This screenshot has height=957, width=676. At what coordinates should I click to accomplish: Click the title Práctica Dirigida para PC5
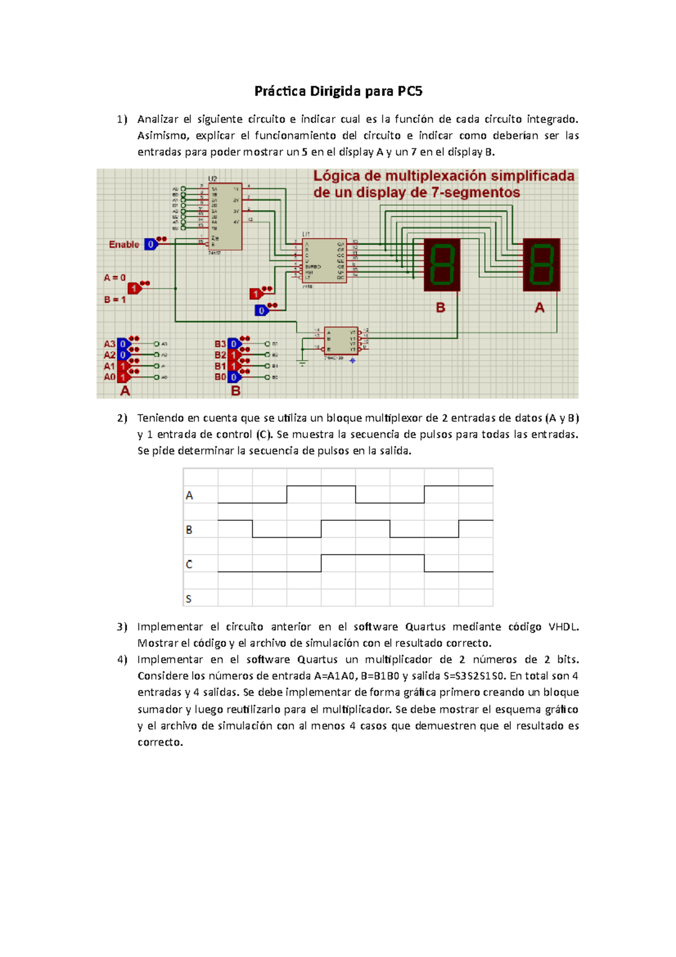tap(338, 91)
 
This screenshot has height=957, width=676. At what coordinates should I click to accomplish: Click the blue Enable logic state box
tap(150, 245)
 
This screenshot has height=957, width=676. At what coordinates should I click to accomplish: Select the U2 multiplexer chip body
tap(225, 216)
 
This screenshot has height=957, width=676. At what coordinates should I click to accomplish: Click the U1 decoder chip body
tap(324, 261)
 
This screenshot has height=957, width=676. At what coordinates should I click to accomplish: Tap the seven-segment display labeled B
tap(442, 264)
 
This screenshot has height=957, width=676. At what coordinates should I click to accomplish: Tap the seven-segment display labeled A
tap(541, 264)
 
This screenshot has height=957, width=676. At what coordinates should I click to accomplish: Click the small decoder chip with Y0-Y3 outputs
tap(341, 340)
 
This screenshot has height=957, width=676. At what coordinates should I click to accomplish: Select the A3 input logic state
tap(123, 344)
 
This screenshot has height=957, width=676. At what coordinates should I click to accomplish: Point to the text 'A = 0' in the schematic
tap(115, 278)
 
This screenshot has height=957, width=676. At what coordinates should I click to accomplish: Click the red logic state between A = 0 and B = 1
tap(134, 289)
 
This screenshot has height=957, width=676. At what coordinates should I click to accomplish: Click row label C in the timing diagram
tap(189, 564)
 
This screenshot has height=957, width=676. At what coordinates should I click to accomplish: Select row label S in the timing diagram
tap(189, 599)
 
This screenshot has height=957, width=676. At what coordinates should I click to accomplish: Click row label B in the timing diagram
tap(189, 530)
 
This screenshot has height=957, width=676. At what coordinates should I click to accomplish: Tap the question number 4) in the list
tap(122, 659)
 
